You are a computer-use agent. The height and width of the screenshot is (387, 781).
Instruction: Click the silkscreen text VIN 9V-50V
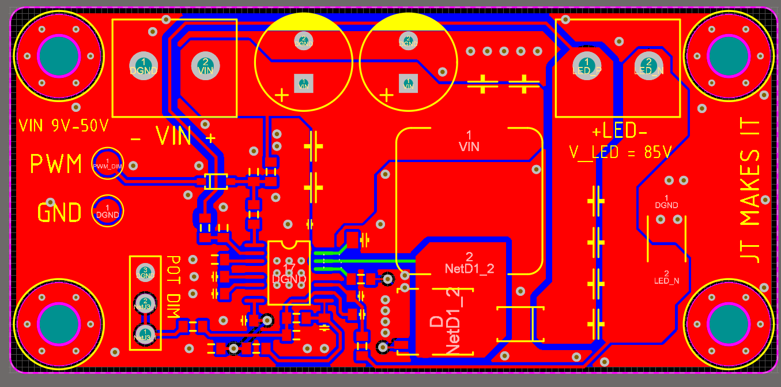63,125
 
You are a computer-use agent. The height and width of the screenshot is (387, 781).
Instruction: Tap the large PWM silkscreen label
56,164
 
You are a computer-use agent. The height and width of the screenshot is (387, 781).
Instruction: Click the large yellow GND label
59,213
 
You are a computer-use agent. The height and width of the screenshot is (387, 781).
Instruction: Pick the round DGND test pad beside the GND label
108,211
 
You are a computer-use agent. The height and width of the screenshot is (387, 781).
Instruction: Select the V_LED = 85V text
620,152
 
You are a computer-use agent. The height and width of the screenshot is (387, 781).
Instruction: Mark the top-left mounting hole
58,55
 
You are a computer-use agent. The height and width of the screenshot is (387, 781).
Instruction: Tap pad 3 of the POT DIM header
145,272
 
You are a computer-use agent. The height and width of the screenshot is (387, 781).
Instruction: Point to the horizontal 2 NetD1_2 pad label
469,263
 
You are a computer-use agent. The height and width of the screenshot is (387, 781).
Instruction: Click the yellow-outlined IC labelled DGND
289,273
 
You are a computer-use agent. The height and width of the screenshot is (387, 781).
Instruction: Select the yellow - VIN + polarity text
173,137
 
